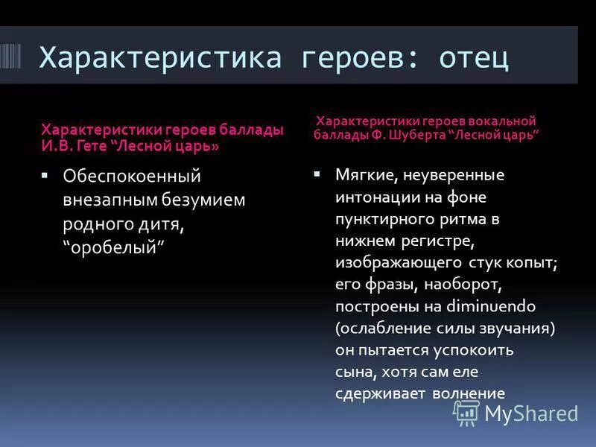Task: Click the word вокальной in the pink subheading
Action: (501, 120)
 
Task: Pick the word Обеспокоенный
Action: (132, 177)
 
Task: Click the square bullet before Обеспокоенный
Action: (45, 176)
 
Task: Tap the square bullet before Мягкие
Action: (317, 174)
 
